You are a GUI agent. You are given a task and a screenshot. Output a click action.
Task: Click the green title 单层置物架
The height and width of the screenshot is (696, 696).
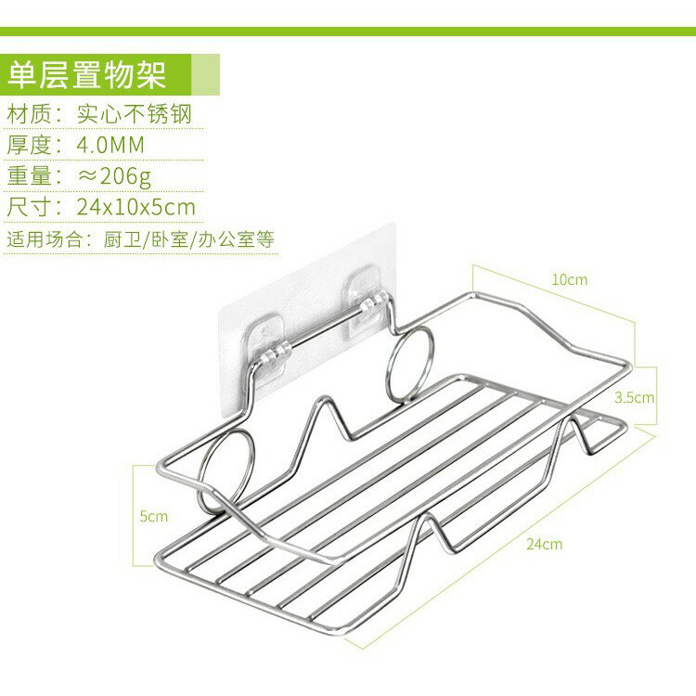coord(87,74)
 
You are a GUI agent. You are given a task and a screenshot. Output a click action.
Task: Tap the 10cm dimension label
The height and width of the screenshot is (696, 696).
coord(570,279)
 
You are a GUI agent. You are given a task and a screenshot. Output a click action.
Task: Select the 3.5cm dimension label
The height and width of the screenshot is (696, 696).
coord(635,397)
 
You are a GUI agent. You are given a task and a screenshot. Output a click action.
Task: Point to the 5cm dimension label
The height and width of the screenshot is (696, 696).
coord(153,516)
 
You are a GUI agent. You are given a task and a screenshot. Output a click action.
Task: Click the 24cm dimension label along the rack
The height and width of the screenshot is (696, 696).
coord(544,544)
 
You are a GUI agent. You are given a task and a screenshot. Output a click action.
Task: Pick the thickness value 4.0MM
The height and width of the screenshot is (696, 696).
coord(110,145)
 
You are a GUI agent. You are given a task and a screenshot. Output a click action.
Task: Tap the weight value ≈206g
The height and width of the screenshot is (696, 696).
coord(114,176)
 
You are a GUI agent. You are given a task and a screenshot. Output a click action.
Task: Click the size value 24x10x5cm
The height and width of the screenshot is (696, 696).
coord(135,207)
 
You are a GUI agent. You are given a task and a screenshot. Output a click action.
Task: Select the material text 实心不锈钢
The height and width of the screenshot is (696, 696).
coord(135,114)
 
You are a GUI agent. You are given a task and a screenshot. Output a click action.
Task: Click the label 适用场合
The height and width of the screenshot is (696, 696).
coord(45,239)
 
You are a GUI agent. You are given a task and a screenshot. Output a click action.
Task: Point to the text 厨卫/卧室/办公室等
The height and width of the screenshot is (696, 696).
coord(189,239)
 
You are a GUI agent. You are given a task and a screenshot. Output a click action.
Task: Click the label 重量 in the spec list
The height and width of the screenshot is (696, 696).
coord(30,175)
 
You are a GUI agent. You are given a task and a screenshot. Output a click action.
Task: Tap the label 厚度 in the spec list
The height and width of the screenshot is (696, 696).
coord(30,145)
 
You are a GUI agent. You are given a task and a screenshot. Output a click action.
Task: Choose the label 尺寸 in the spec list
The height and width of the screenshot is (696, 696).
coord(30,207)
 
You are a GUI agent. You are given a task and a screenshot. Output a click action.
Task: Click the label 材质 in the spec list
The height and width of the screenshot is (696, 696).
coord(30,114)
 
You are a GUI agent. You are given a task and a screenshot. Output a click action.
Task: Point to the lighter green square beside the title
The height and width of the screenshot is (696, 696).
coord(205,74)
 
